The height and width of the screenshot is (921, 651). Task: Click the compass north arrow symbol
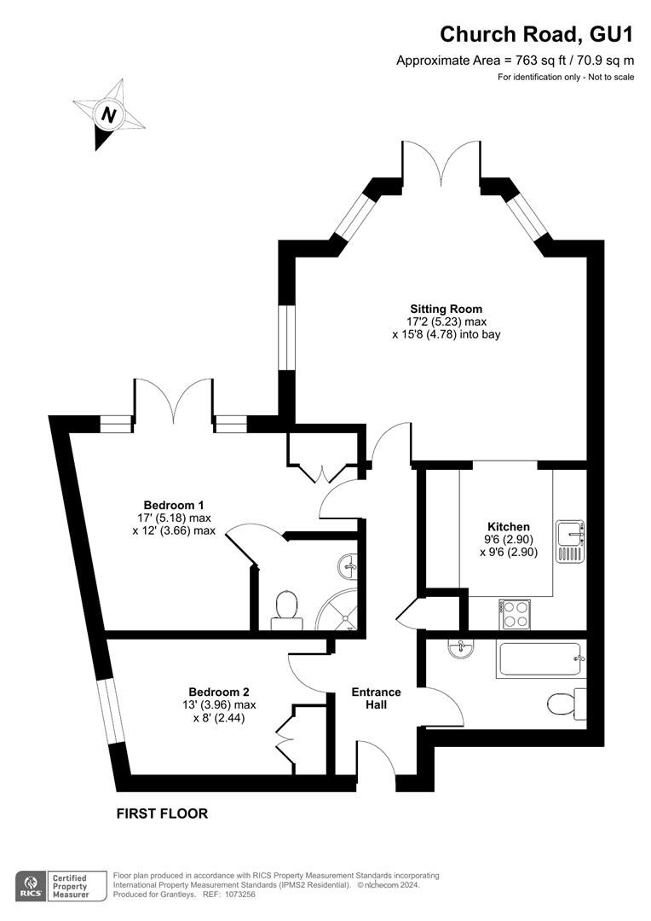point(108,114)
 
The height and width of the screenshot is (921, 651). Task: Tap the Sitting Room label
point(446,309)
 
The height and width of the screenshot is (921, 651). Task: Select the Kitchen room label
point(509,527)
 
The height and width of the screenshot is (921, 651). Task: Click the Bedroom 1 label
point(174,505)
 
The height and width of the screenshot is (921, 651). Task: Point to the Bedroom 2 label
point(219,692)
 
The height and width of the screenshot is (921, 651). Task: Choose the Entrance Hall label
point(377,698)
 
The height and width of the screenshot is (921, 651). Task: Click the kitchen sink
point(570,541)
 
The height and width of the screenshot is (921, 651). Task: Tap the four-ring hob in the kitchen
point(514,614)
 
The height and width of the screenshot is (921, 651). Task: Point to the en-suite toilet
point(285,611)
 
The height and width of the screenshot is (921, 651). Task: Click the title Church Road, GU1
point(537,34)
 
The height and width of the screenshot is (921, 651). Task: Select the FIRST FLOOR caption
point(162,814)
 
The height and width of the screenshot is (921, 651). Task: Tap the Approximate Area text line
point(515,60)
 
